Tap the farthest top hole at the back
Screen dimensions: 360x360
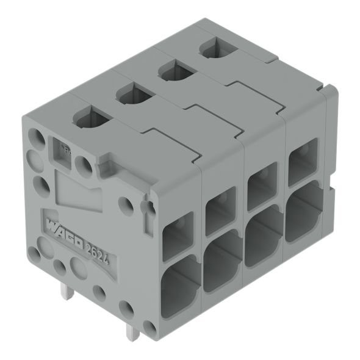[x=215, y=47]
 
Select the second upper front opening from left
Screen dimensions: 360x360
[x=220, y=211]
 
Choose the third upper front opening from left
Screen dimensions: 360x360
[x=262, y=186]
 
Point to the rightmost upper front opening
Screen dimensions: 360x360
[x=303, y=162]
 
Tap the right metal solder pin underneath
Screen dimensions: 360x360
[x=131, y=331]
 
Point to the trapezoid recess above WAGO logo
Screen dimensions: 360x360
[x=76, y=186]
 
